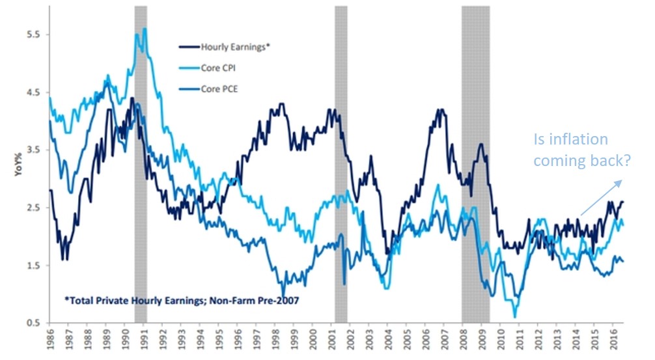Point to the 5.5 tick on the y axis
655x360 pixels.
(32, 35)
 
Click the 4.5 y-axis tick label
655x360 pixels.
(32, 92)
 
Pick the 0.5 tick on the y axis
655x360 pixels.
(32, 324)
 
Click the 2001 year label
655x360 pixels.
(333, 340)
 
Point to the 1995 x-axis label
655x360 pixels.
(220, 340)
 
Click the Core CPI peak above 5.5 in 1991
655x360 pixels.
(144, 29)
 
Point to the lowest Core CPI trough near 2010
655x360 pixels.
(515, 317)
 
